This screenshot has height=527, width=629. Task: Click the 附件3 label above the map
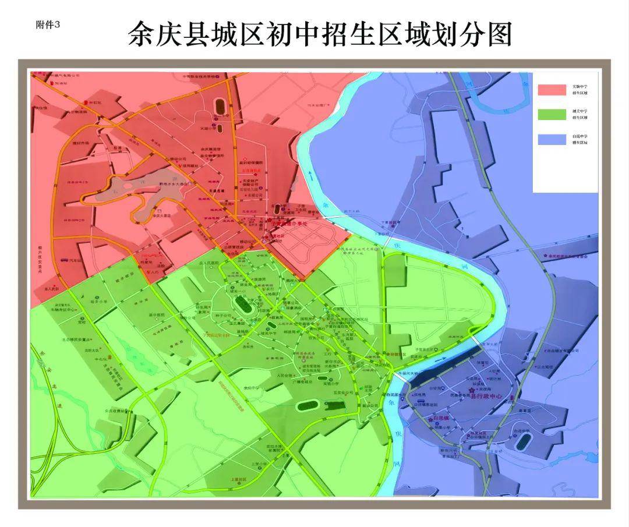point(48,25)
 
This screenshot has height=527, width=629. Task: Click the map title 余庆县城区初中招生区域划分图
point(320,34)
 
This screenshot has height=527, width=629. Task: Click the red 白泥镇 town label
point(441,418)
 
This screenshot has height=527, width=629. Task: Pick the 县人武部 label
point(51,288)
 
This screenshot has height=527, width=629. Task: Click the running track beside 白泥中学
point(522,441)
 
